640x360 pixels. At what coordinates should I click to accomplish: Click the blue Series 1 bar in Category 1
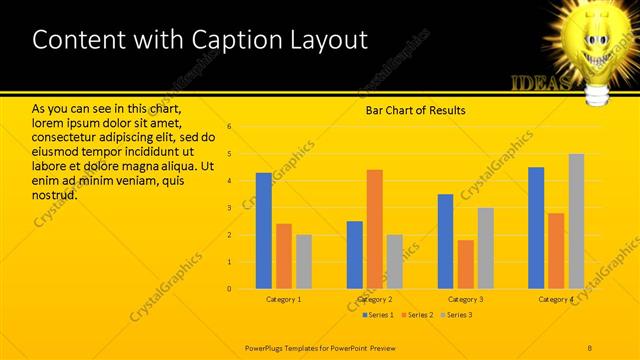click(x=264, y=231)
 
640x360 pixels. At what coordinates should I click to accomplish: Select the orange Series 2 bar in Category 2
click(x=375, y=229)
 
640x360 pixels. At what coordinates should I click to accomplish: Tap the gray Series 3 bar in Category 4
click(x=576, y=221)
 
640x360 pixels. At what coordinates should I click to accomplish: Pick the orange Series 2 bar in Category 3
click(x=466, y=264)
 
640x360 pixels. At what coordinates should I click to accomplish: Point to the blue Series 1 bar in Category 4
click(x=536, y=228)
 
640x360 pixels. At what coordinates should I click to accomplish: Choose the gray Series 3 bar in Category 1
click(x=304, y=262)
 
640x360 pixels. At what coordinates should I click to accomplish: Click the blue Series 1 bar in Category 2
click(x=355, y=255)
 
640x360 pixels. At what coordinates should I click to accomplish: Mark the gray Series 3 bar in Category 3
click(x=486, y=248)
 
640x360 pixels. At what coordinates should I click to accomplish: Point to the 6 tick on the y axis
click(x=230, y=127)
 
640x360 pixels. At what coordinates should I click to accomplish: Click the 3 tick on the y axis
click(x=230, y=208)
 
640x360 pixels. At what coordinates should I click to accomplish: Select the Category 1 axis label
click(x=284, y=299)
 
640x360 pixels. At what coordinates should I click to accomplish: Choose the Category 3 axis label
click(x=466, y=299)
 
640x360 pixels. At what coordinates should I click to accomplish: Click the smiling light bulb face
click(x=592, y=40)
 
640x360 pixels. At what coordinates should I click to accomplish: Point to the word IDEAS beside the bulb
click(x=540, y=82)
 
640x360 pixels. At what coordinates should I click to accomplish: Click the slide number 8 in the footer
click(x=590, y=347)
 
